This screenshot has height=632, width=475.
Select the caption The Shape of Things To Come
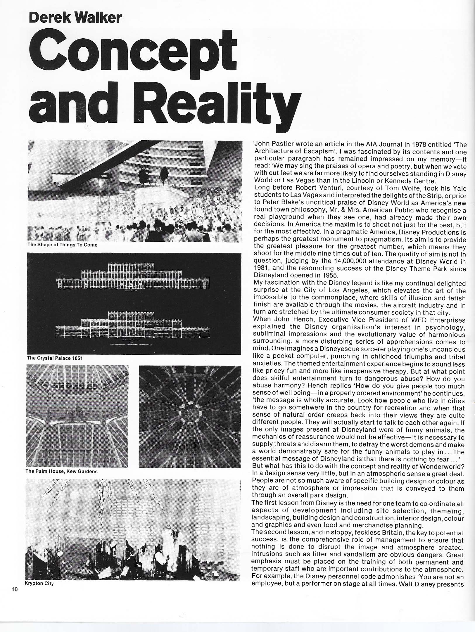point(62,245)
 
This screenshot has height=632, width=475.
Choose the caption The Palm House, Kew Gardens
point(61,471)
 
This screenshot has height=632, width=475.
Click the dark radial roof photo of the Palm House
point(190,416)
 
